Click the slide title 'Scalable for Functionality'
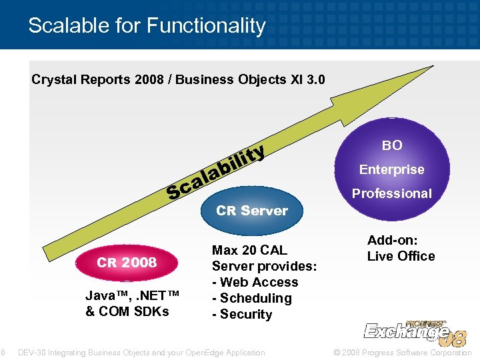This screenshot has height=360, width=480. click(147, 26)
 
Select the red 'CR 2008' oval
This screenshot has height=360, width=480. click(127, 263)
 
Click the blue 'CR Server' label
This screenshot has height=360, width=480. click(252, 211)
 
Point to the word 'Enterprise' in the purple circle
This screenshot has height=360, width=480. click(392, 169)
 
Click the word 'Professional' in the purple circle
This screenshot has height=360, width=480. click(392, 193)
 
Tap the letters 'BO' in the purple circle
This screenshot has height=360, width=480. click(392, 145)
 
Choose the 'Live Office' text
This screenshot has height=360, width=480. click(401, 256)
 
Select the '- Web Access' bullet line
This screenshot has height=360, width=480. click(255, 282)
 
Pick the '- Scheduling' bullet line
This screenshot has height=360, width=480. click(251, 298)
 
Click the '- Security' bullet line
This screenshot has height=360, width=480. click(242, 314)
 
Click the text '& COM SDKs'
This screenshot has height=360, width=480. click(127, 311)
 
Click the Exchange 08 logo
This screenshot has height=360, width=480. click(415, 331)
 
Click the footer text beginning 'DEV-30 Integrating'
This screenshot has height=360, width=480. click(141, 352)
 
